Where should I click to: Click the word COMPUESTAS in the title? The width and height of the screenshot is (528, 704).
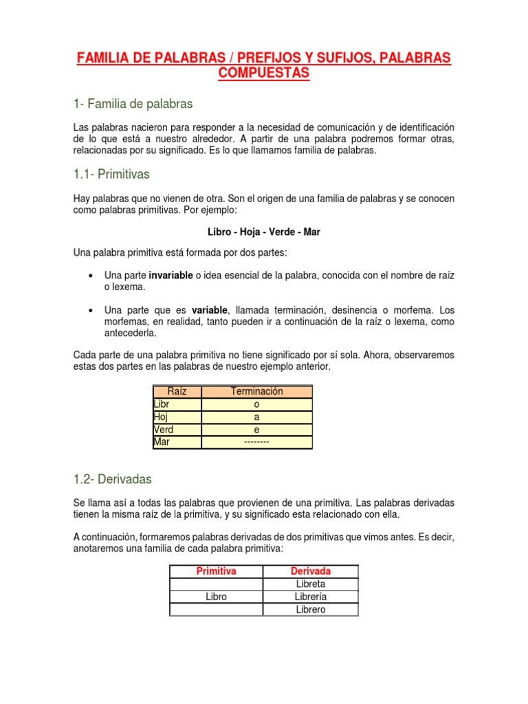(264, 73)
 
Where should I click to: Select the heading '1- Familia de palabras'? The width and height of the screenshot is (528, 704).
(133, 104)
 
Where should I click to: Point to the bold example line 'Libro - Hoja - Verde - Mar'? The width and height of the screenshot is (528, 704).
(264, 232)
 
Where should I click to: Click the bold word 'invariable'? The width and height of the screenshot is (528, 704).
(170, 276)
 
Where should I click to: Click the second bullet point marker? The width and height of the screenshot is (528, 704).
(91, 309)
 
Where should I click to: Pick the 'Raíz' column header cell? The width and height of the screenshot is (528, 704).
(177, 391)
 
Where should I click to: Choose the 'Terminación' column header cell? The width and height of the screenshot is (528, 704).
(256, 391)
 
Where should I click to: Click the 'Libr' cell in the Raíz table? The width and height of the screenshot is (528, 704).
(177, 404)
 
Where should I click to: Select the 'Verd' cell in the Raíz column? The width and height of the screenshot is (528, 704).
(177, 430)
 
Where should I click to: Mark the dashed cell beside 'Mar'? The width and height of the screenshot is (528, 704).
(256, 442)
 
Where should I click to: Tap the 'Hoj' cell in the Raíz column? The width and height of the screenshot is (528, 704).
(177, 417)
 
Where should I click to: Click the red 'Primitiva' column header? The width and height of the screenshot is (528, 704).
(216, 571)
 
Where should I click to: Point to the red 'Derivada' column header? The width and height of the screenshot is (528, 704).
(310, 571)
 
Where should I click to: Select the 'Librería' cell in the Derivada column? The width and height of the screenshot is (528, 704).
(310, 597)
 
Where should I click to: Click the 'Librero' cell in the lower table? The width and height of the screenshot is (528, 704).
(310, 609)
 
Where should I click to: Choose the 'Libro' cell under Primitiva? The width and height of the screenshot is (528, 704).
(216, 597)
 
